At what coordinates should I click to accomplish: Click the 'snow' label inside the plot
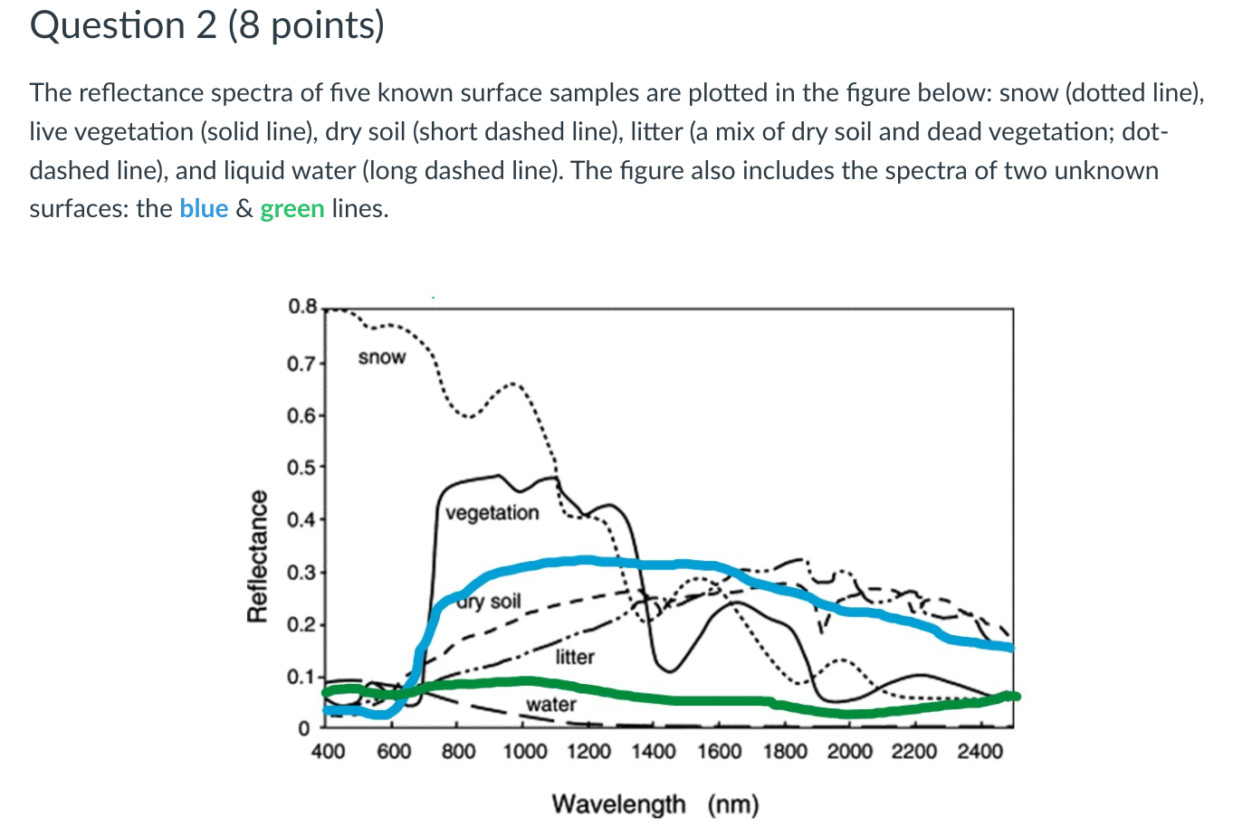[x=382, y=357]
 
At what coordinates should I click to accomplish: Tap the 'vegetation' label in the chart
[x=492, y=513]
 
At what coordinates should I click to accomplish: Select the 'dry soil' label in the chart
[x=490, y=602]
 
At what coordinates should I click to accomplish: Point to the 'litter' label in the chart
[x=575, y=657]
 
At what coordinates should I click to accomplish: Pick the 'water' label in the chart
[x=551, y=704]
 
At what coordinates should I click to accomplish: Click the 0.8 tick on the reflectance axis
[x=302, y=307]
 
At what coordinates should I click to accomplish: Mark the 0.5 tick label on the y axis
[x=301, y=468]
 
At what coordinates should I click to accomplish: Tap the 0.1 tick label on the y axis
[x=301, y=677]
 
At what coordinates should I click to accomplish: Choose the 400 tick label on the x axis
[x=328, y=751]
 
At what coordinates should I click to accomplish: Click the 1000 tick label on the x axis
[x=525, y=751]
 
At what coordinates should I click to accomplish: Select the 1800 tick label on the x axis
[x=785, y=751]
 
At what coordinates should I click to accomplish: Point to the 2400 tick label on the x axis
[x=980, y=751]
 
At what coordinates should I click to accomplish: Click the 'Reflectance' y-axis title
[x=258, y=555]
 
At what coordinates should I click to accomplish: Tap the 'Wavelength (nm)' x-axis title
[x=655, y=803]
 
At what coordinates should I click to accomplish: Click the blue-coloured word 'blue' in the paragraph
[x=204, y=209]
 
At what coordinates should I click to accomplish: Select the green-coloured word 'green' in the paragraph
[x=292, y=209]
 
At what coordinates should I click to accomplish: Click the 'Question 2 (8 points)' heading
[x=207, y=25]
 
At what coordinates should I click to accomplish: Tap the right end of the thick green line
[x=1015, y=696]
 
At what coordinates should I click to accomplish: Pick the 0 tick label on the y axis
[x=305, y=728]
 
